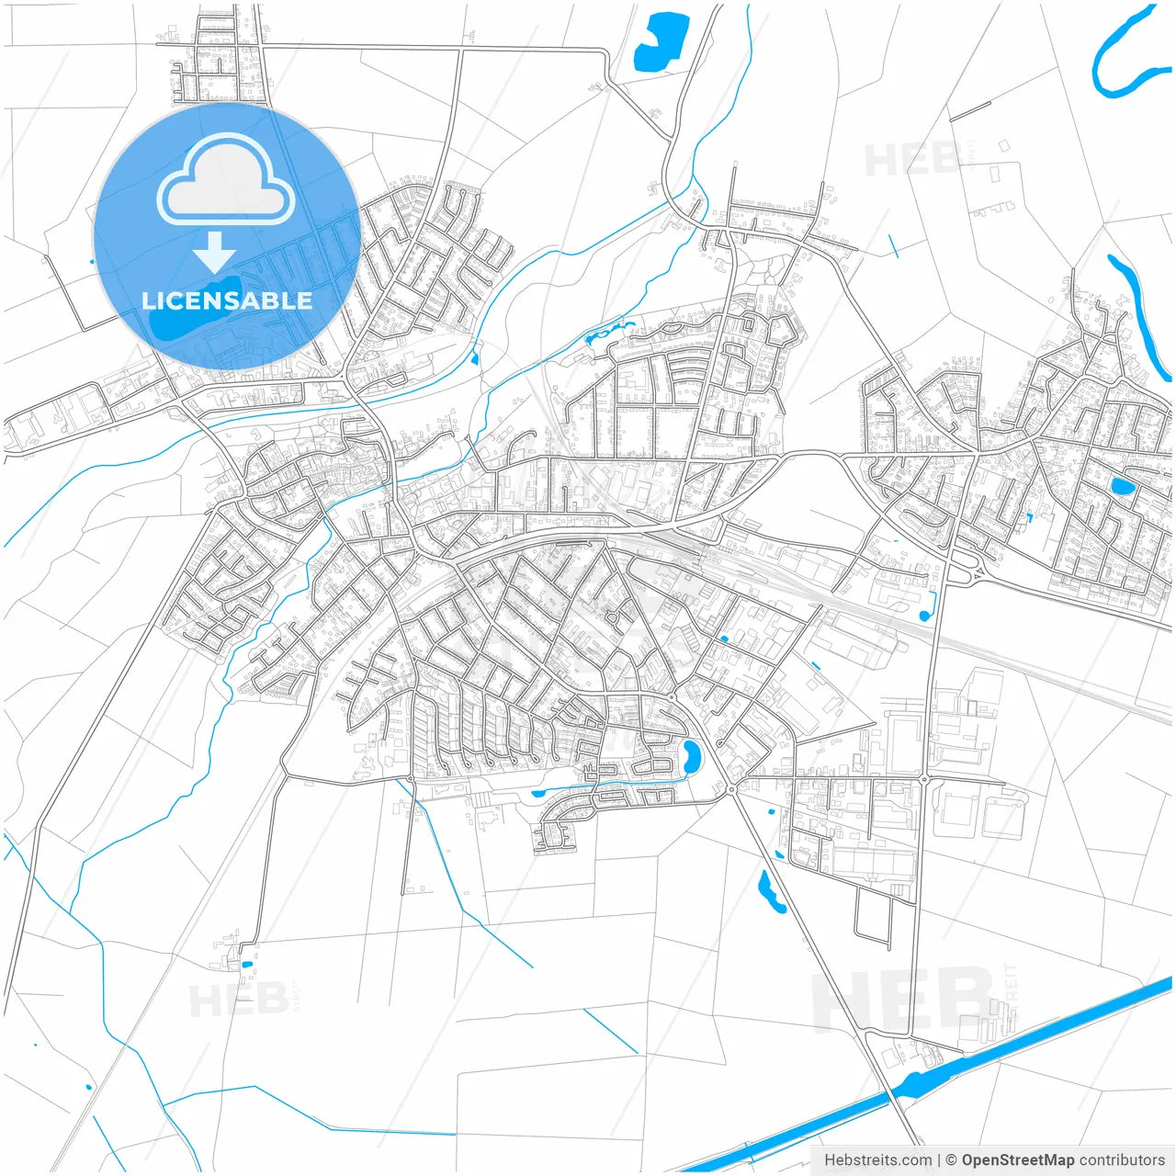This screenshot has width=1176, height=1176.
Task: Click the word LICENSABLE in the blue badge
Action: click(227, 300)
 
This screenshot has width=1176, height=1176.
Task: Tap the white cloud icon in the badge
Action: click(225, 180)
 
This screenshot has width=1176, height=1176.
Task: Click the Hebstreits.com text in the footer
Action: click(877, 1160)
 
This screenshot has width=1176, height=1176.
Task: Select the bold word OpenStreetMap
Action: click(1017, 1160)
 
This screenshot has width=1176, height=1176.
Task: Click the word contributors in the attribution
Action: click(1122, 1160)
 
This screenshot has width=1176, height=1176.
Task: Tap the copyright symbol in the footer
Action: click(951, 1160)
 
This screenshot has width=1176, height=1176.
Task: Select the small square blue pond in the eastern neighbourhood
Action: click(1122, 486)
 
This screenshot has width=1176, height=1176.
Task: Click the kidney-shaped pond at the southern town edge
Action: click(691, 756)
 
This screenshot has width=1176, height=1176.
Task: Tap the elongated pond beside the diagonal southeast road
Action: click(770, 890)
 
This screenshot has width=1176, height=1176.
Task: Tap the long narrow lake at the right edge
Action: click(1139, 312)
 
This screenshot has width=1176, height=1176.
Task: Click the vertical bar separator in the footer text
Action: click(938, 1160)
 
